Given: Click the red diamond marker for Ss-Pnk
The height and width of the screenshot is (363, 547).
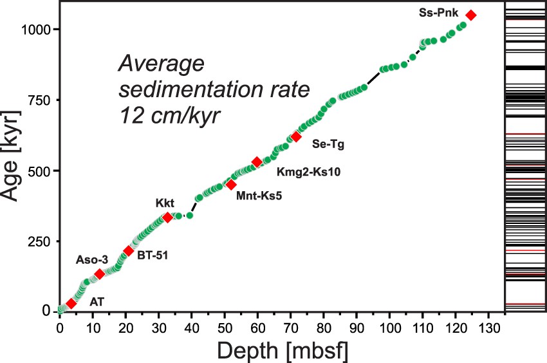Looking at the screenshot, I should pos(470,15).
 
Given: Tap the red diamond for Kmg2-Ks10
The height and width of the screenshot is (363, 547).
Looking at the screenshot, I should pos(257,162).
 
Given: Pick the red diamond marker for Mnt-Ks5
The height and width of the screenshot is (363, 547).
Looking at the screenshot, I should pos(231,184).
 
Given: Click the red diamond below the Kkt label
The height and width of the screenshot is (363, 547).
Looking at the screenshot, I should pos(167,218).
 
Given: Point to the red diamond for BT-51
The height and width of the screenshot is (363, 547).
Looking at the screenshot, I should pos(128,251).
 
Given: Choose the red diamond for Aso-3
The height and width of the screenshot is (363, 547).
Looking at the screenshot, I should pos(99,274).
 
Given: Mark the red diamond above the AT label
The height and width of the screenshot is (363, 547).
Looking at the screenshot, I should pos(71,303).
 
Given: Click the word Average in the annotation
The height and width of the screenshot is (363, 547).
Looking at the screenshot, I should pos(161,64).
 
